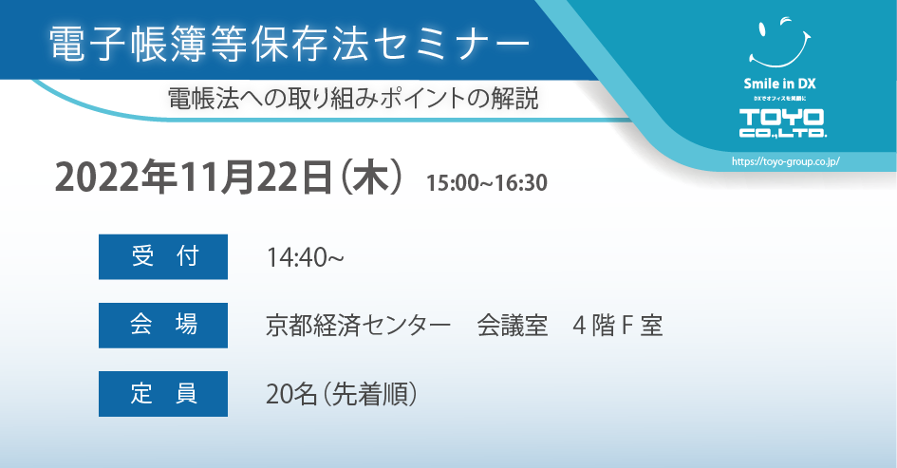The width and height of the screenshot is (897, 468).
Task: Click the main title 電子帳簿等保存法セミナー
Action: pos(290,44)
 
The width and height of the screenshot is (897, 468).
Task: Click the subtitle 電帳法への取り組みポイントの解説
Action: pos(352,98)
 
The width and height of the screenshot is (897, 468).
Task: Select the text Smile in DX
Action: pos(779,84)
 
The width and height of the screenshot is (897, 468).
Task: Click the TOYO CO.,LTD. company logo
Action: pos(781,123)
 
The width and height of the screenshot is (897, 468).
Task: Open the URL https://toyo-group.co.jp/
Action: pos(785,161)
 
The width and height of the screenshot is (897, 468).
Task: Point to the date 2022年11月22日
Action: pos(194,178)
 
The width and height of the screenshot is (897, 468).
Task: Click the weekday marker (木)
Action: pos(371,178)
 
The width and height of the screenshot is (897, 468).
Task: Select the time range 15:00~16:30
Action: pos(486,183)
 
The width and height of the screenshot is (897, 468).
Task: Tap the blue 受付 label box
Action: pos(163,257)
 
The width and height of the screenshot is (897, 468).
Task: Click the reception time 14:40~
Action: pos(305,257)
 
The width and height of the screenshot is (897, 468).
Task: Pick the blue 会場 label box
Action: pos(163,326)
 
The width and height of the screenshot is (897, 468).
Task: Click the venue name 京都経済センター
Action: pos(358,327)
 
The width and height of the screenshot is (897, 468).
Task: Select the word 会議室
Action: pos(512,327)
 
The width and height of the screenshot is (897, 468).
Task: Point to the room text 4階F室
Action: pos(618,327)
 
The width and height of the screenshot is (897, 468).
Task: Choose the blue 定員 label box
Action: pos(163,394)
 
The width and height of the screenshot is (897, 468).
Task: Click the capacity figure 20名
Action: pos(291,394)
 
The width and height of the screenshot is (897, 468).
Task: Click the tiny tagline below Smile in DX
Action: pos(779,99)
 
